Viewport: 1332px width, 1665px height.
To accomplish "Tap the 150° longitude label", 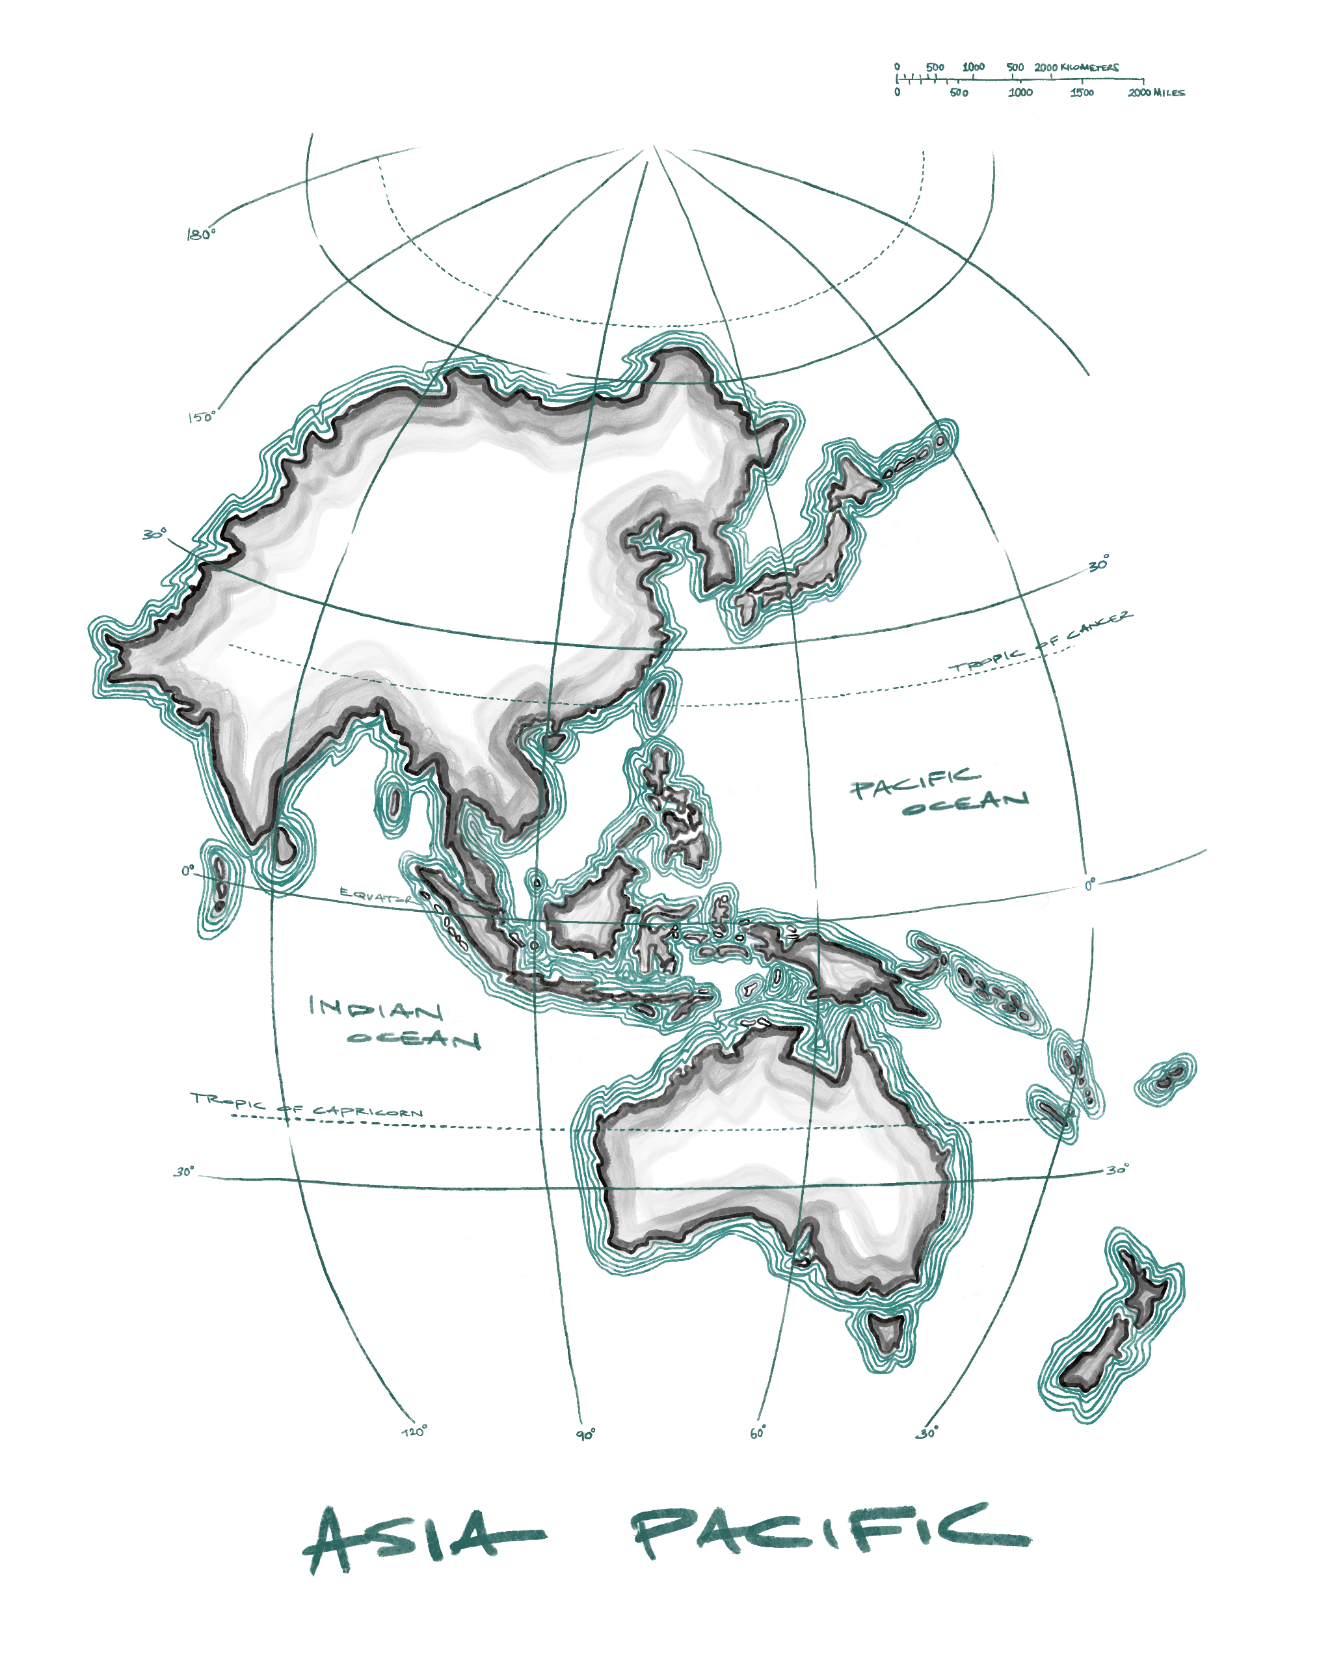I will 202,417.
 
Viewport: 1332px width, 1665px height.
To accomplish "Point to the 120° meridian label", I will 414,1431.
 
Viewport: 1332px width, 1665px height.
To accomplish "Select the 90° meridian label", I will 586,1434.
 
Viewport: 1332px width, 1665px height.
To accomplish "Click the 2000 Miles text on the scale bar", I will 1155,92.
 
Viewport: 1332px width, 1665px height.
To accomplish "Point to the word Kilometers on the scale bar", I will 1089,67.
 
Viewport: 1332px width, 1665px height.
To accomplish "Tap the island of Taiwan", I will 656,700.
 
